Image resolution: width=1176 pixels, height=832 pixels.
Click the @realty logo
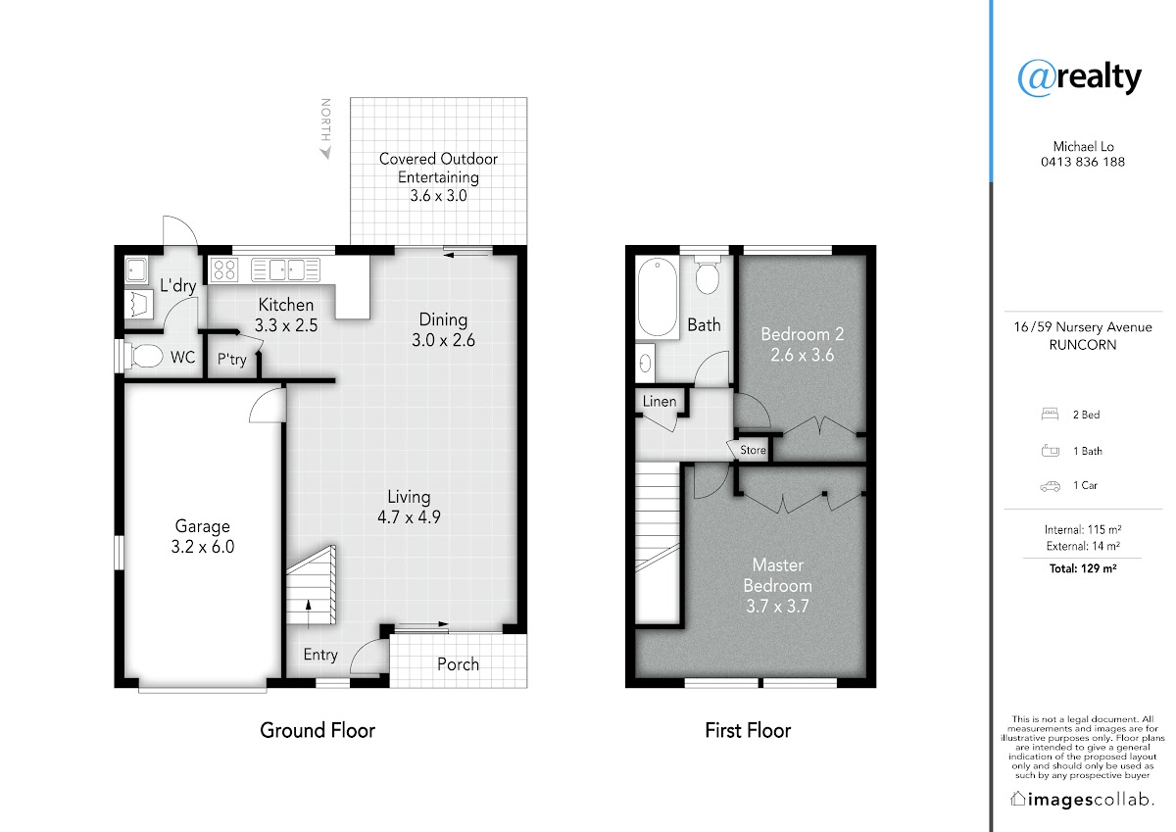pos(1079,78)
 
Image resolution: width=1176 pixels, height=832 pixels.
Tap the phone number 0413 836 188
pos(1083,162)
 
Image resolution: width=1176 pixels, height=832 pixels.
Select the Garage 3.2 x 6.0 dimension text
pos(203,547)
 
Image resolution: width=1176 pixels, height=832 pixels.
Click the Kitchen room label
pos(285,305)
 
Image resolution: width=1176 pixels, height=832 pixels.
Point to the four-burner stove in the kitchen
pos(224,269)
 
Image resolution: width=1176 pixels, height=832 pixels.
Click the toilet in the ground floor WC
pos(144,357)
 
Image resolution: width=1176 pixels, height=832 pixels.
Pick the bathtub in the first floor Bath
pos(658,297)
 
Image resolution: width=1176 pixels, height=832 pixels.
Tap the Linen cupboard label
pos(660,401)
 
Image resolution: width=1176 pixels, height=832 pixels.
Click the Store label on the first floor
pos(753,450)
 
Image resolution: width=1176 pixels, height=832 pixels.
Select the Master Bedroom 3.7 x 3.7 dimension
pos(777,607)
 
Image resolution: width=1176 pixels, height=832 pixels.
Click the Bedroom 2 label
pos(803,334)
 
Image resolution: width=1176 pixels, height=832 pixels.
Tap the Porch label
pos(458,664)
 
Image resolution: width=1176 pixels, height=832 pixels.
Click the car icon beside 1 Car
pos(1050,486)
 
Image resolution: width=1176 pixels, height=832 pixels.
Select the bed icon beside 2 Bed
pos(1050,415)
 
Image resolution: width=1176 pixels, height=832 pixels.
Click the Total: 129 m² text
pos(1083,568)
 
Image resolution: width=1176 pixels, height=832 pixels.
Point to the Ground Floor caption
pos(318,730)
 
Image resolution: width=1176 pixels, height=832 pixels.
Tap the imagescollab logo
pos(1082,799)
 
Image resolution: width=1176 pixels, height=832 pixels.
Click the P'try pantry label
pos(232,360)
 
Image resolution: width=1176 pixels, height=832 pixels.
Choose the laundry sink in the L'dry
pos(136,270)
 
